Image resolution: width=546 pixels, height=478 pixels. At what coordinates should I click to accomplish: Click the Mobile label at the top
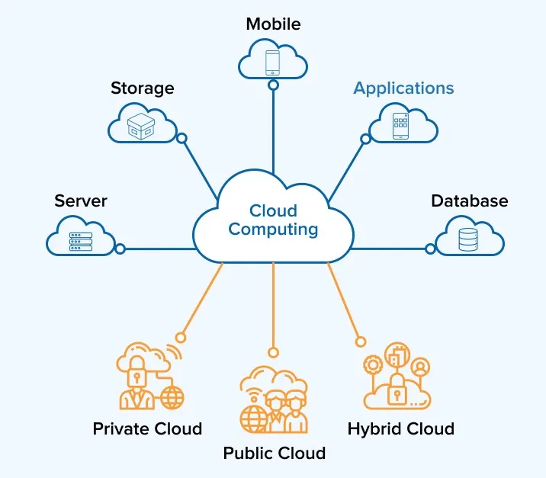(273, 24)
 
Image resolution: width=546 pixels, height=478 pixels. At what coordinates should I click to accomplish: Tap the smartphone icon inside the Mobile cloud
(273, 61)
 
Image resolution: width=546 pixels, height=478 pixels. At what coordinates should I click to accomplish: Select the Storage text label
(142, 88)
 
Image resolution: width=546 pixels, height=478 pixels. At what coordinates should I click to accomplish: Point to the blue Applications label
(403, 88)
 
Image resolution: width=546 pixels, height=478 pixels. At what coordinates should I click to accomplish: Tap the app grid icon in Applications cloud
(401, 126)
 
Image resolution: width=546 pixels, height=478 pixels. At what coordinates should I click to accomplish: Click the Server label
(81, 201)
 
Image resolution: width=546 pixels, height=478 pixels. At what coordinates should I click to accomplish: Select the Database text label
(469, 201)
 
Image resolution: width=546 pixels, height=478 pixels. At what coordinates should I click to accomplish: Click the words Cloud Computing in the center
(273, 220)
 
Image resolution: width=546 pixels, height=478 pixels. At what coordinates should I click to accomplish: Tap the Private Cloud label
(147, 428)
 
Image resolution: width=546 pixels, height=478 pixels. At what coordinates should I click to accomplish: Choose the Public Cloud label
(274, 454)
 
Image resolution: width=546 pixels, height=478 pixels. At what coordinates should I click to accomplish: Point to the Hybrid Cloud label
(400, 428)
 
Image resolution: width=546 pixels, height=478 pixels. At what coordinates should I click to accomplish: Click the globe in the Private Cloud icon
(172, 397)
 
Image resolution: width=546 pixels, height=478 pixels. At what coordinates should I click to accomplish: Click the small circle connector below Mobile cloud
(273, 85)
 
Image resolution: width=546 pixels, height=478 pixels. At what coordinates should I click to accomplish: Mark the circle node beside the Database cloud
(430, 249)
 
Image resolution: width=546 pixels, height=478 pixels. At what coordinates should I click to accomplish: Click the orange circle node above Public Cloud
(273, 352)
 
